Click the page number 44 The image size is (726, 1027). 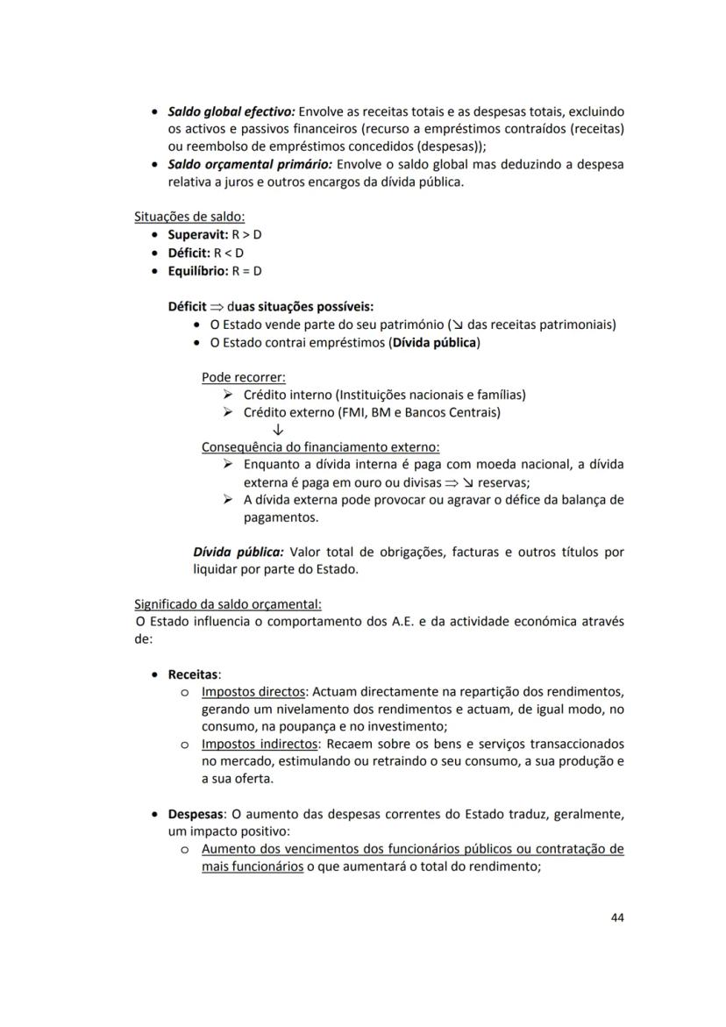(616, 917)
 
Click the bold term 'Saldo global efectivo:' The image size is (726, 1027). (231, 112)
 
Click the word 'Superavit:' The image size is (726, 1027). (197, 235)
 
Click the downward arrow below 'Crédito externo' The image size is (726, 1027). (278, 430)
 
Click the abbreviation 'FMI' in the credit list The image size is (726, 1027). (355, 412)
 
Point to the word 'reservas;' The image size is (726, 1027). (504, 482)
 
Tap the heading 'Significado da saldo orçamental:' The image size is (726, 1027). (228, 604)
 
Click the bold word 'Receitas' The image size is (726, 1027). (192, 674)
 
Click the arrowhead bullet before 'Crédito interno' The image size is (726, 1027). (228, 395)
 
